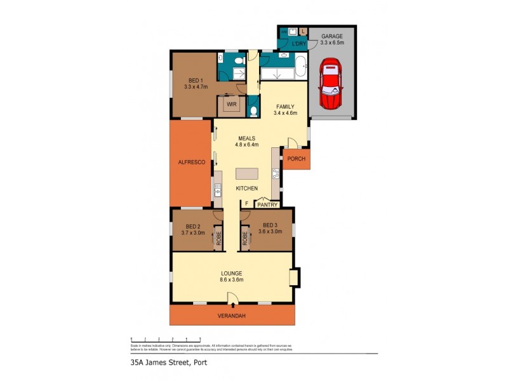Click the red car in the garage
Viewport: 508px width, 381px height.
pos(331,84)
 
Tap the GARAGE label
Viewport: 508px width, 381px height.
pos(332,36)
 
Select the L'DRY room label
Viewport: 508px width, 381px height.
pos(298,44)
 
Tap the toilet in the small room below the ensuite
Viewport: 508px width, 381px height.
pos(253,111)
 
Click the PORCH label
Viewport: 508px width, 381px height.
pos(296,159)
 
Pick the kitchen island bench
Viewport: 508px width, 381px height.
pos(248,174)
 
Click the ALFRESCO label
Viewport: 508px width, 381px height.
pos(190,163)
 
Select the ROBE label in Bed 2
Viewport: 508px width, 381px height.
pos(218,238)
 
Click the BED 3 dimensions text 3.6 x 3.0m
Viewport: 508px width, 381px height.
pos(270,232)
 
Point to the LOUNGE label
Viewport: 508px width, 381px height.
pos(232,273)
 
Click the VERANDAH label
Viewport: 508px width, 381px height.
pos(232,316)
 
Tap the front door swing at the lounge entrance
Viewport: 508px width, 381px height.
pos(232,298)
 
